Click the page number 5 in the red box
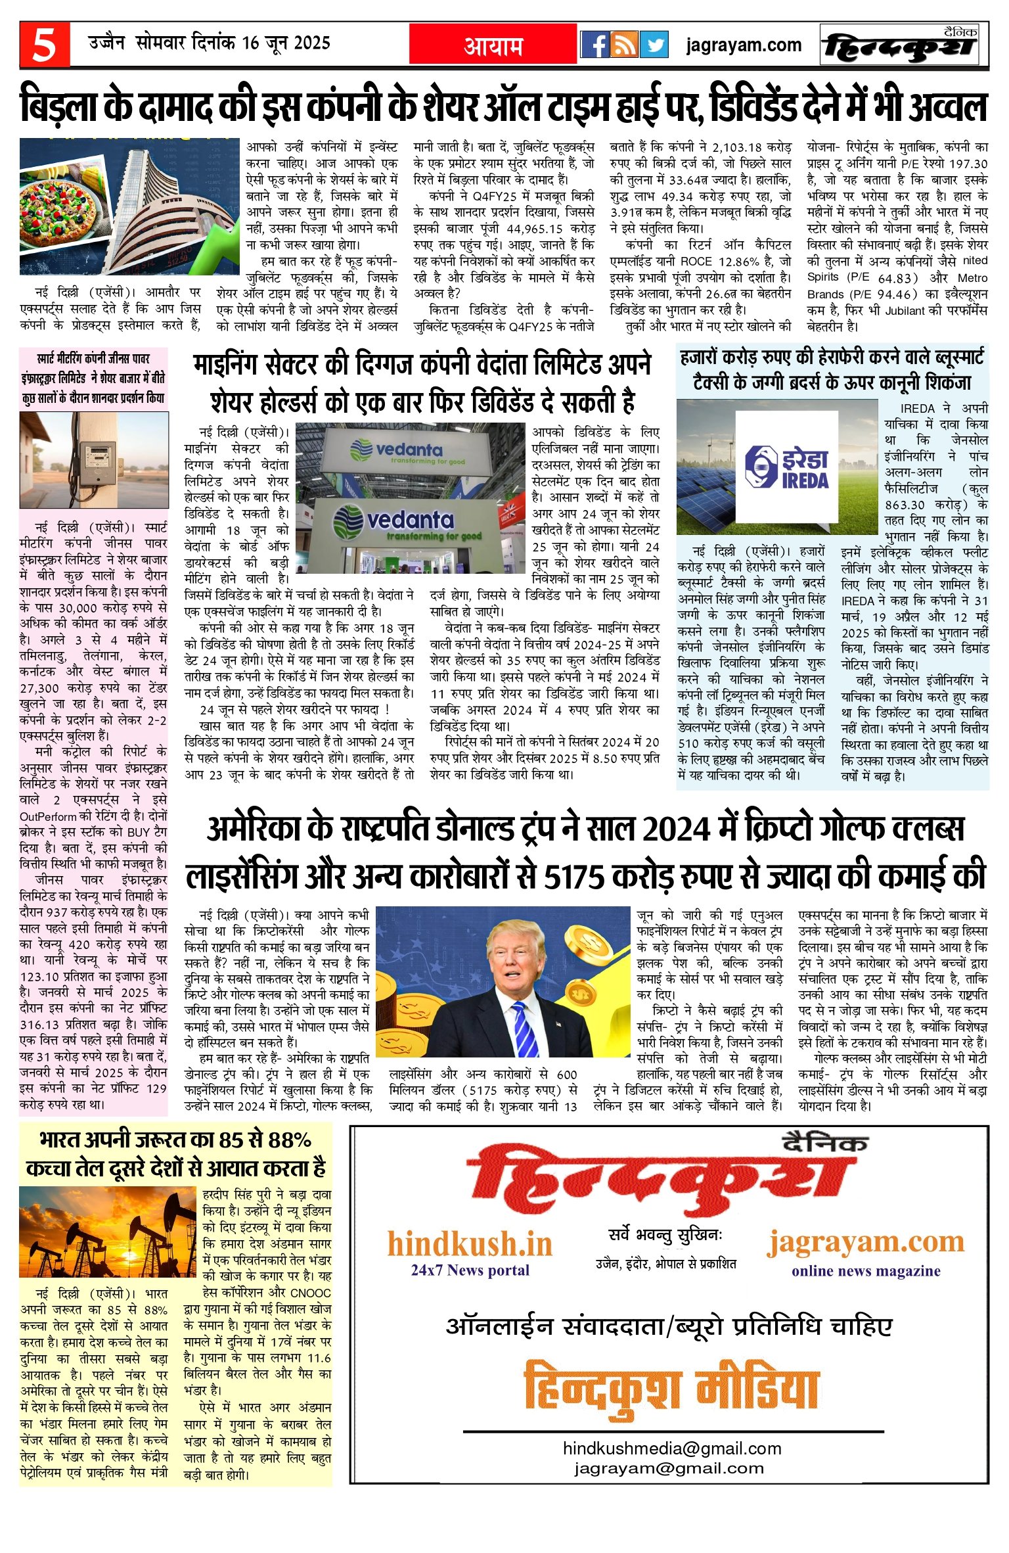pos(44,45)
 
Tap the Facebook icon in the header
pos(594,45)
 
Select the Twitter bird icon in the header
pos(653,45)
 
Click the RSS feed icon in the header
pos(624,45)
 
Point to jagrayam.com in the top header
pos(744,45)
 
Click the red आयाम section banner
pos(493,45)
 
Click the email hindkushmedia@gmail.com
pos(671,1448)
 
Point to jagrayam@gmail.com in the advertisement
pos(669,1468)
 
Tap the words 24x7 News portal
pos(470,1270)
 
